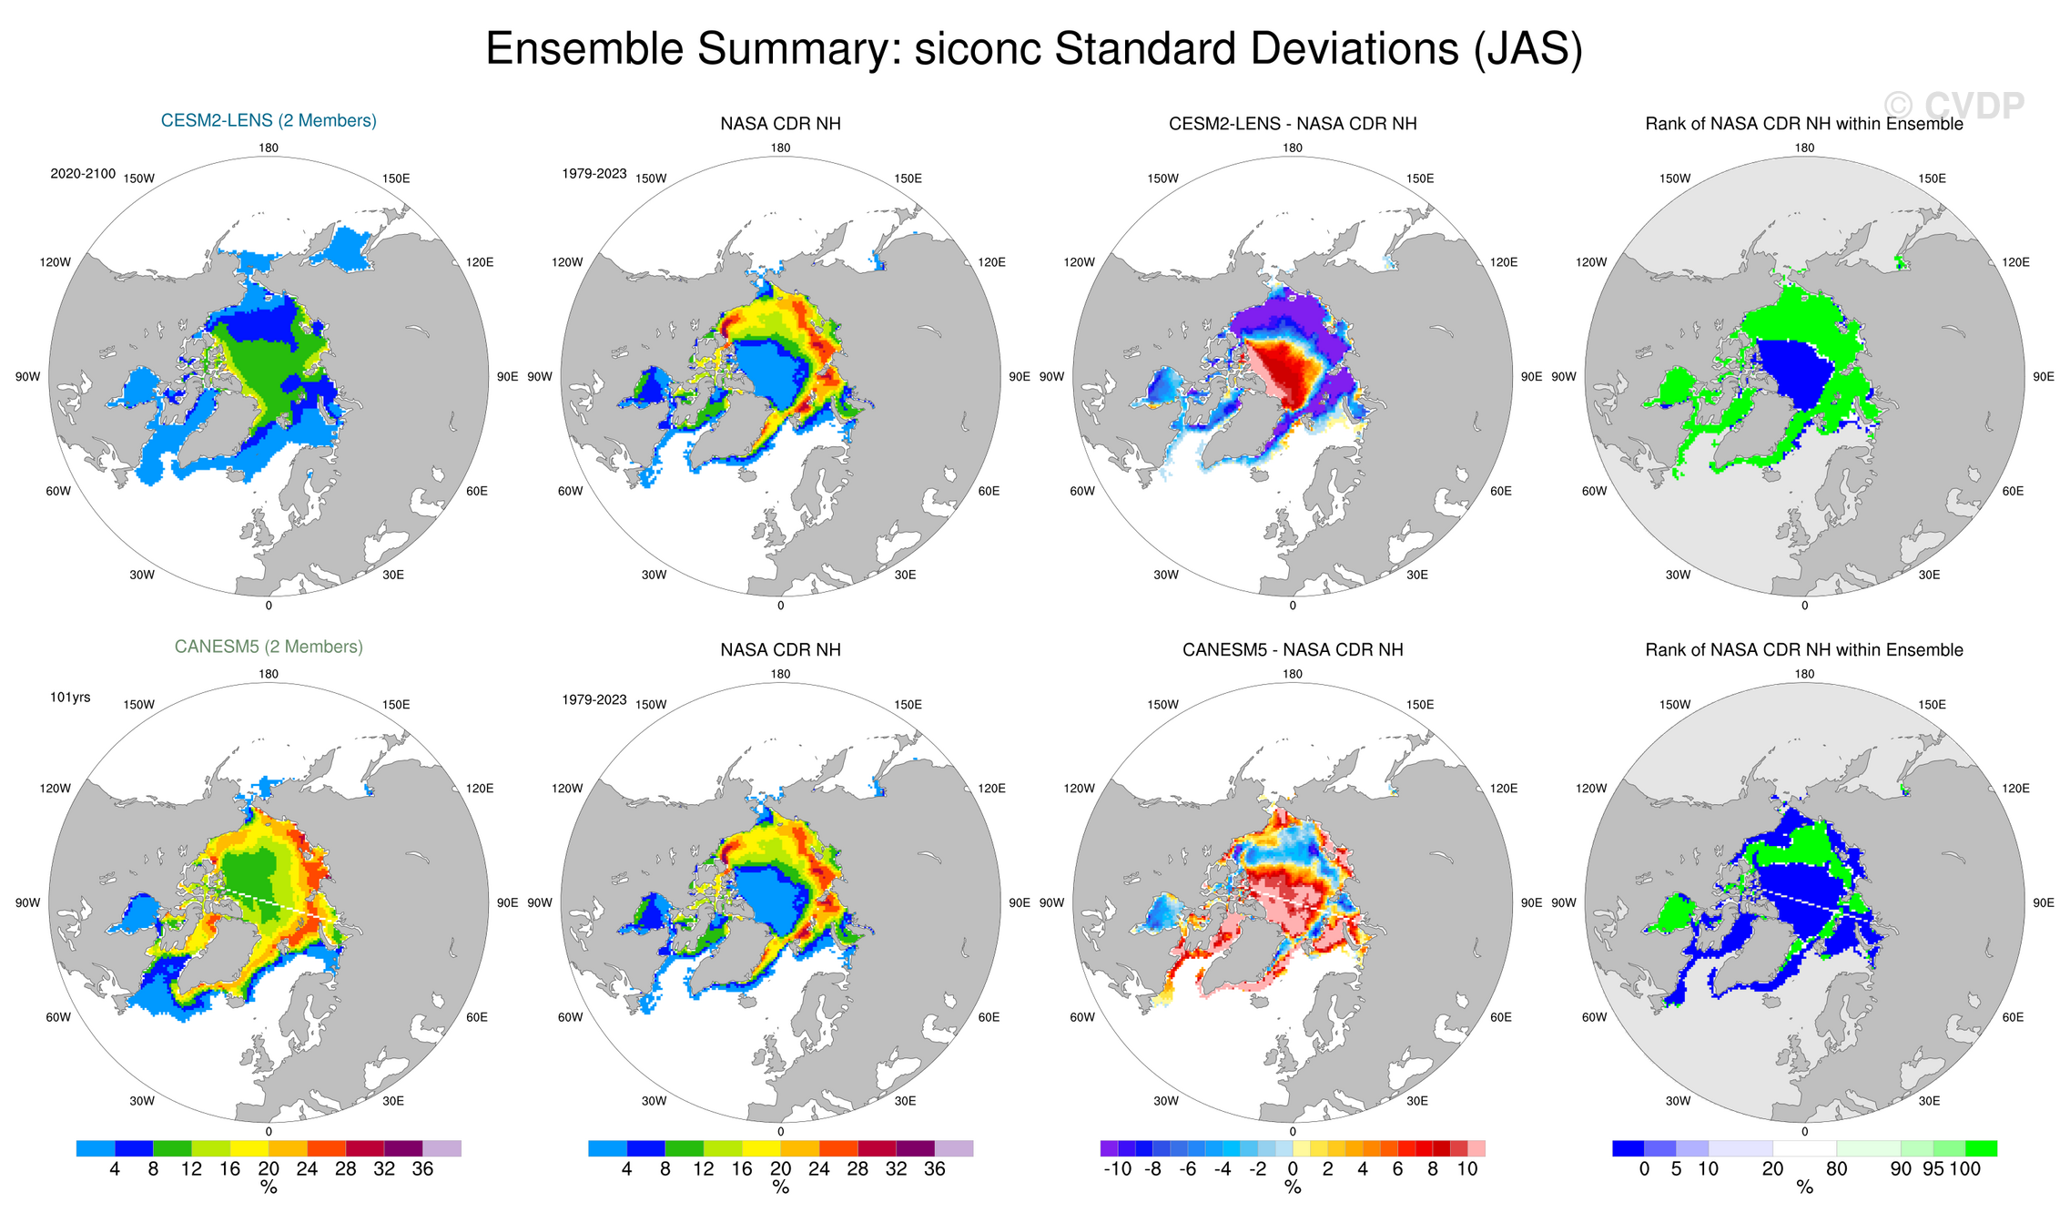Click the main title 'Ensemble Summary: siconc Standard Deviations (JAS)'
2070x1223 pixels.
point(1034,49)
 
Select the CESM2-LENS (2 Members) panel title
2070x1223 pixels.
point(269,120)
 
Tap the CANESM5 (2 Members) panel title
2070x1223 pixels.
point(269,647)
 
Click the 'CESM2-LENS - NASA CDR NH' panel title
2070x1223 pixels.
point(1293,124)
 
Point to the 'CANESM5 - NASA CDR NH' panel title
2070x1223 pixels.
point(1293,650)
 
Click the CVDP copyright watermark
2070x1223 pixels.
point(1953,106)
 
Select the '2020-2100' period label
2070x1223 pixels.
point(83,174)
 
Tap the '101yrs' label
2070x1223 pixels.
point(70,698)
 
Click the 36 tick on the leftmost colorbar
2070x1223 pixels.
point(422,1169)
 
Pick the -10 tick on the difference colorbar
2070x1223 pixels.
point(1117,1169)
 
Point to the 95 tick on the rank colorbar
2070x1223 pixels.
point(1933,1169)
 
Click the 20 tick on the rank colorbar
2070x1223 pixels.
point(1772,1169)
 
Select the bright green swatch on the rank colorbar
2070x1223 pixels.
point(1981,1148)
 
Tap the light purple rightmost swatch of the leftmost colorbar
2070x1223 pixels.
point(441,1148)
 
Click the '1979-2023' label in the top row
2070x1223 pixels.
point(594,174)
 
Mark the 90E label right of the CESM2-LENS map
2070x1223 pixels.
point(507,377)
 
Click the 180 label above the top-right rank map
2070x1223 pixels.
point(1804,148)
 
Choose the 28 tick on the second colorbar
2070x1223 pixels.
point(857,1169)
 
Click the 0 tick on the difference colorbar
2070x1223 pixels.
point(1293,1169)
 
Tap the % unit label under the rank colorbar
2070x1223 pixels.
point(1804,1188)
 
